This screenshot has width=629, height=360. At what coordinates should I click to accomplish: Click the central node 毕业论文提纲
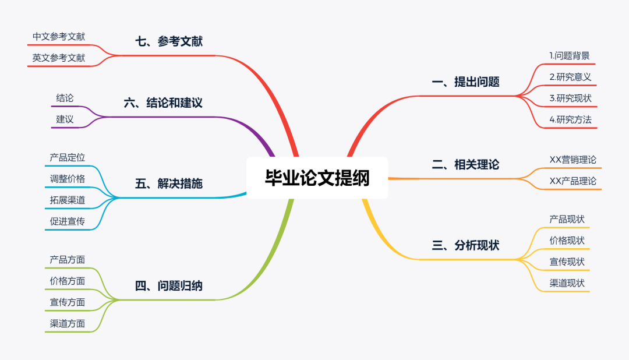(x=317, y=178)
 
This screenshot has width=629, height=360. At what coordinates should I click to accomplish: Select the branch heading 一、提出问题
(x=465, y=82)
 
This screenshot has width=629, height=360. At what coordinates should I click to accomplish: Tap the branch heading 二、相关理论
(x=465, y=165)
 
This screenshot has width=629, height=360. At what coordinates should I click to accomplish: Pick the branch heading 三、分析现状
(x=465, y=246)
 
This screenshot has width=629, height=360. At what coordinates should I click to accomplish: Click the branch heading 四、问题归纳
(x=169, y=286)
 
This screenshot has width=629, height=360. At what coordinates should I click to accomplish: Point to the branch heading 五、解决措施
(x=169, y=184)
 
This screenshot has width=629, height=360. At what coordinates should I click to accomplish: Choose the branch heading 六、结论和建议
(x=163, y=103)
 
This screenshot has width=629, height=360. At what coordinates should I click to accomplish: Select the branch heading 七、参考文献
(x=169, y=42)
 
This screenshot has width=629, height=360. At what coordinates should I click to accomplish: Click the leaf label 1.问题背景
(x=570, y=56)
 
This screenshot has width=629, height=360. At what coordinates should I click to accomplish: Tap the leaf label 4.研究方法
(x=570, y=120)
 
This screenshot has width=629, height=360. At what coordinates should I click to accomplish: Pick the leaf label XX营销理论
(x=573, y=160)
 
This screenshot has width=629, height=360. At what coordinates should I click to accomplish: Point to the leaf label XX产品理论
(x=573, y=181)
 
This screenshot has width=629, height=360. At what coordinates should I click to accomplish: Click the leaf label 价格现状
(x=567, y=241)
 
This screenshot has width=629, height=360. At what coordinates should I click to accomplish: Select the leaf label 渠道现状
(x=567, y=284)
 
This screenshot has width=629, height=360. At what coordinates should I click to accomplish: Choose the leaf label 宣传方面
(x=68, y=302)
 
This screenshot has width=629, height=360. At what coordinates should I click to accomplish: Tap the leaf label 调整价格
(x=68, y=179)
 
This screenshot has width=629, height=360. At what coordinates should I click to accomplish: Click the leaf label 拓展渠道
(x=68, y=200)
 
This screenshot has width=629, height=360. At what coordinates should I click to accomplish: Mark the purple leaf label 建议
(x=65, y=119)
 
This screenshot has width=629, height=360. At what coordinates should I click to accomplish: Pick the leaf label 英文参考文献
(x=59, y=58)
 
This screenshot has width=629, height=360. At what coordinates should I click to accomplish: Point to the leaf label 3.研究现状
(x=570, y=98)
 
